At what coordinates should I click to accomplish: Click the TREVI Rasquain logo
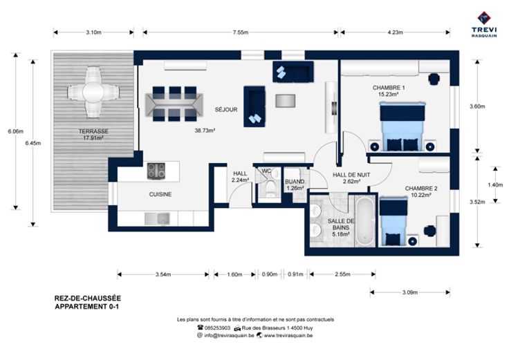(484, 25)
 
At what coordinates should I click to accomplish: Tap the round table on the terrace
(93, 93)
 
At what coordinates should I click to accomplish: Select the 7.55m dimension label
(240, 32)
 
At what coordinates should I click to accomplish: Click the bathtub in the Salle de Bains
(365, 222)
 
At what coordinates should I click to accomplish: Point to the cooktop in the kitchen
(156, 171)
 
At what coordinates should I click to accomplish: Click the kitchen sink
(157, 219)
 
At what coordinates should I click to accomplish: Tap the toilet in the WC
(270, 188)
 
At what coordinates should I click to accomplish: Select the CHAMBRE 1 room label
(389, 88)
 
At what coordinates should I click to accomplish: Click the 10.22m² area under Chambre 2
(421, 195)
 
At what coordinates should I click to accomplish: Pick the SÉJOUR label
(226, 110)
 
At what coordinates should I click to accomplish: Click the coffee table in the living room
(286, 101)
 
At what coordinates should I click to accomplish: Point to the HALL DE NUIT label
(351, 175)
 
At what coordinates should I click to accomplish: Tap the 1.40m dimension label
(495, 185)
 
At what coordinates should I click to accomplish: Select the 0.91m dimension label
(295, 274)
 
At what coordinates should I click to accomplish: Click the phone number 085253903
(217, 328)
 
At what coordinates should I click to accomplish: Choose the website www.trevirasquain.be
(288, 335)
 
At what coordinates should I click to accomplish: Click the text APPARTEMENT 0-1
(86, 307)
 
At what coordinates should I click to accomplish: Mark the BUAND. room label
(295, 182)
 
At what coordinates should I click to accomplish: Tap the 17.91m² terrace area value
(93, 138)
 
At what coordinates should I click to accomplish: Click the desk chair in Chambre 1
(434, 79)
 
